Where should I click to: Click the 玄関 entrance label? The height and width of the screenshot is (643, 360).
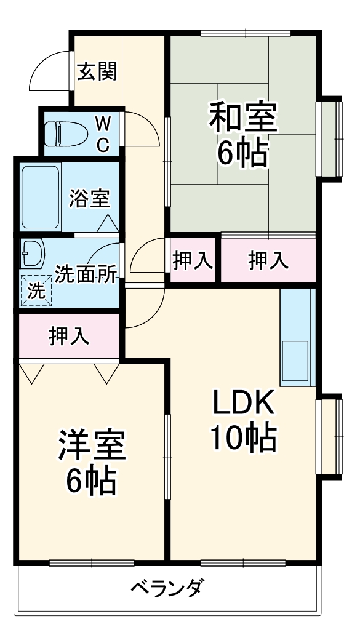(x=97, y=72)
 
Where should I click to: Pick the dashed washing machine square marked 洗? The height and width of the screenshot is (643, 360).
(x=37, y=290)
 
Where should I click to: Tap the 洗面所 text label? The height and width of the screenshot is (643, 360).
(x=86, y=274)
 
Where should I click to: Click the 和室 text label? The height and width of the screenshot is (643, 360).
(x=243, y=116)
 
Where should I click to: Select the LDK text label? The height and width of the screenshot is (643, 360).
(x=243, y=404)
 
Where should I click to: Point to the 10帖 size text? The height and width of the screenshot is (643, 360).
(x=243, y=438)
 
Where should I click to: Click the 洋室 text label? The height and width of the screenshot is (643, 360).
(x=92, y=445)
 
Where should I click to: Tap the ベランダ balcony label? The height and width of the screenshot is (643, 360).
(x=166, y=589)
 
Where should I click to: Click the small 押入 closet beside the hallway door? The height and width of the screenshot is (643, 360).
(x=193, y=261)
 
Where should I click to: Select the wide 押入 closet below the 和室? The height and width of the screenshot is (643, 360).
(x=268, y=261)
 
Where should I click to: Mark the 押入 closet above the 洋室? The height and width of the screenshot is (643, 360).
(x=69, y=336)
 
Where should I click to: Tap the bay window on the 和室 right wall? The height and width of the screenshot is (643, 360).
(x=330, y=138)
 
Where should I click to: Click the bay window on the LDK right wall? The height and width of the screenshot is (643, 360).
(x=330, y=437)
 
